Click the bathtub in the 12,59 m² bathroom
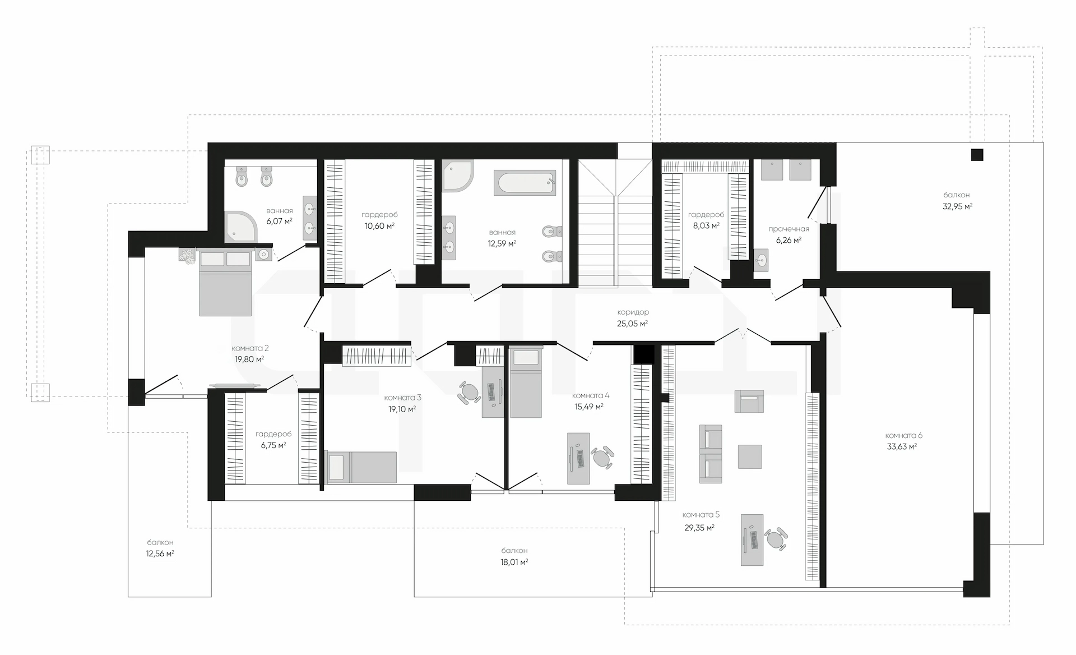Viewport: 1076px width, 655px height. tap(525, 183)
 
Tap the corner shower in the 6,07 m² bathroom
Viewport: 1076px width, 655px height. tap(241, 227)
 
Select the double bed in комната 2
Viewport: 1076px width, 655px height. tap(225, 283)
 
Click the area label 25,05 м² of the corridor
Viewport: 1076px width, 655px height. tap(632, 324)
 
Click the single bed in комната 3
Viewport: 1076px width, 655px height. tap(361, 467)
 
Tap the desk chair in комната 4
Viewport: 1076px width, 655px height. tap(602, 457)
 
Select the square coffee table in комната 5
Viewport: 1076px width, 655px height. tap(750, 456)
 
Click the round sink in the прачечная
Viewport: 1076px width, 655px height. tap(761, 260)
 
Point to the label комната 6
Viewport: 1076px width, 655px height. tap(903, 435)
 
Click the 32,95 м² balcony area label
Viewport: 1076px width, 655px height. tap(957, 206)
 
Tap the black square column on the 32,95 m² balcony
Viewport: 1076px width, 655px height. tap(977, 154)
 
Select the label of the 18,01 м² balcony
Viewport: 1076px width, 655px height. tap(514, 550)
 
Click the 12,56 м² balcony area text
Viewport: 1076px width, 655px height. tap(160, 553)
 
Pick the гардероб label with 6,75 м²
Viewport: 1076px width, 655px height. tap(273, 434)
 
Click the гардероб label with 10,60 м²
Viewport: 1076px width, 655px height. tap(379, 215)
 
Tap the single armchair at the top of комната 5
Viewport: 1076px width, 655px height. tap(749, 402)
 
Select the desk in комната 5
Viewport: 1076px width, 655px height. tap(752, 540)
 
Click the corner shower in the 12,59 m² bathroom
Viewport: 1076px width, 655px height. tap(458, 176)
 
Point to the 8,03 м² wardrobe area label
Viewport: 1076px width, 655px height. tap(706, 226)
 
